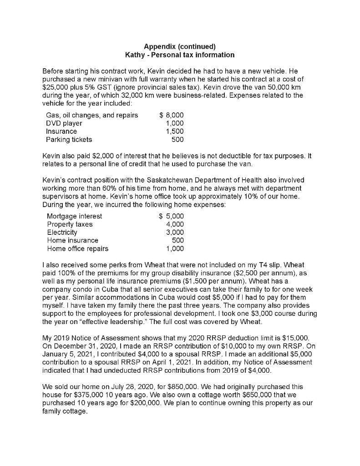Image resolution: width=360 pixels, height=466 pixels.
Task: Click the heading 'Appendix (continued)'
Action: tap(179, 46)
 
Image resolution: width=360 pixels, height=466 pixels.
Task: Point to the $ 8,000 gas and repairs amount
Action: tap(171, 115)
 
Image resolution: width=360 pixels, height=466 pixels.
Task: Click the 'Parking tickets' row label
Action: tap(69, 140)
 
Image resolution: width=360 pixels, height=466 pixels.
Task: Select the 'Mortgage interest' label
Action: tap(75, 216)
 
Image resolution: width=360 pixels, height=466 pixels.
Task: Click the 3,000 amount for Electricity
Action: tap(175, 233)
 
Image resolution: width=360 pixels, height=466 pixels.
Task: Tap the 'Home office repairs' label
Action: tap(78, 249)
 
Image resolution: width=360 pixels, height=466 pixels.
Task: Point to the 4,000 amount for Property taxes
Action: tap(175, 224)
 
